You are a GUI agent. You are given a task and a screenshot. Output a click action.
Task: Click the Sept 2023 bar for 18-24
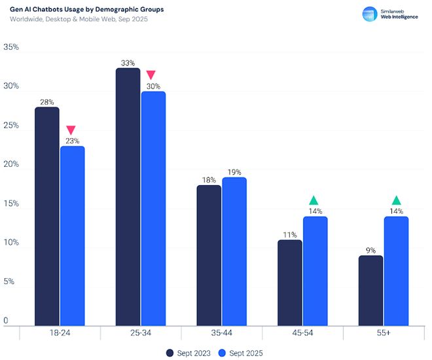click(46, 216)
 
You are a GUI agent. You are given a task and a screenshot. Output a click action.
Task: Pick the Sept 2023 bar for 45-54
click(290, 282)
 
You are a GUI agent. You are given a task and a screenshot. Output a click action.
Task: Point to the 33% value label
click(128, 63)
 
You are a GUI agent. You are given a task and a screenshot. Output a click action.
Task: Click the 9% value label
click(371, 251)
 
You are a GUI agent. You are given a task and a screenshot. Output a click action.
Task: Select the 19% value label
click(234, 173)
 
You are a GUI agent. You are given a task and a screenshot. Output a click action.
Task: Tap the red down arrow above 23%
click(71, 130)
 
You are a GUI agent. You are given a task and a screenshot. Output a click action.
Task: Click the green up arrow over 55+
click(396, 200)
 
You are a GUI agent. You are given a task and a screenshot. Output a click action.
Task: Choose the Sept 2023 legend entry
click(189, 353)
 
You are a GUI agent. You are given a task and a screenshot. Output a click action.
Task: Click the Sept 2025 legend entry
click(240, 353)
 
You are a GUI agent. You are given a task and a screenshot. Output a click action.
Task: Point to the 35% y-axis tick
click(11, 48)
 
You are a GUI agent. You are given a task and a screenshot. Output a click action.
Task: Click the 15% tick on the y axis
click(11, 204)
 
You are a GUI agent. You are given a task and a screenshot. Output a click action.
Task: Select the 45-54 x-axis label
click(302, 333)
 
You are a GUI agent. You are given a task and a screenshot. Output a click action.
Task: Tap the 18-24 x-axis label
click(60, 333)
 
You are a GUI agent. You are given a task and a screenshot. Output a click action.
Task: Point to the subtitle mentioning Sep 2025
click(79, 20)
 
